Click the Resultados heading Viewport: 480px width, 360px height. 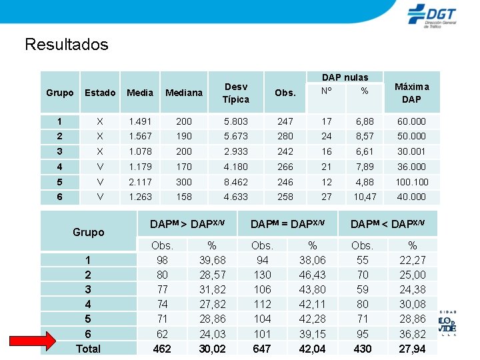[66, 45]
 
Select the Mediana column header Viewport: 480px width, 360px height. [183, 93]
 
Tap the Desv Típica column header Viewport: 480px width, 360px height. [235, 93]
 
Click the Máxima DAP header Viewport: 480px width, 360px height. [411, 93]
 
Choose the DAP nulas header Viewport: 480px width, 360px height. [345, 77]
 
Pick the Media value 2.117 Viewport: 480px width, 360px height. [139, 182]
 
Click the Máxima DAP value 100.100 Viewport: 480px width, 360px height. [411, 182]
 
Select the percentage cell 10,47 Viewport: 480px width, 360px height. [365, 197]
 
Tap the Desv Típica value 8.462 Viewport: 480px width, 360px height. [235, 182]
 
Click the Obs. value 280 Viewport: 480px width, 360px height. [285, 136]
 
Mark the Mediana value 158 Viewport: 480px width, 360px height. [183, 197]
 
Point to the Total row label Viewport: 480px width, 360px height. [88, 348]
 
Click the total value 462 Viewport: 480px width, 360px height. [162, 348]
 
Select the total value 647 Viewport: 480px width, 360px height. [263, 348]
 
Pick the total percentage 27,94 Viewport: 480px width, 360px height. [412, 348]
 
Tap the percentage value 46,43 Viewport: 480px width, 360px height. [313, 275]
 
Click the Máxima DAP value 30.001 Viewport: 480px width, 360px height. [411, 151]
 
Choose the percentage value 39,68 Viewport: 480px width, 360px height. [212, 260]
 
